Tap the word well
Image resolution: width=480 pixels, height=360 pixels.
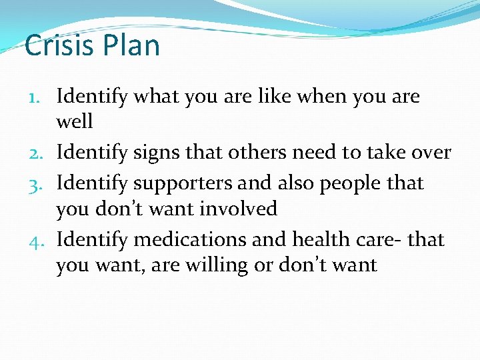75,122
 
